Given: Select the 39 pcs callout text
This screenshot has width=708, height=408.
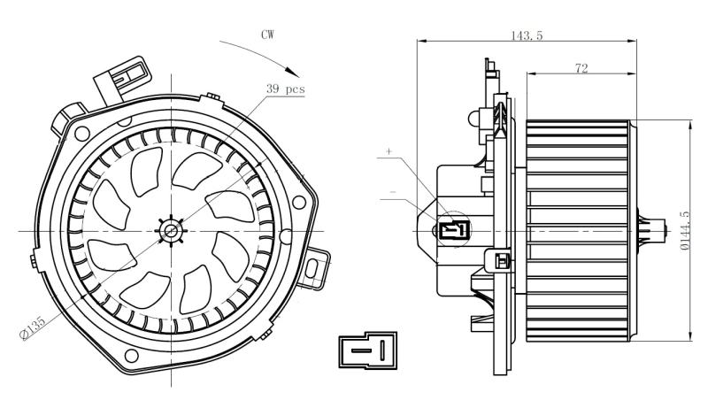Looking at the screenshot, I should pyautogui.click(x=286, y=90).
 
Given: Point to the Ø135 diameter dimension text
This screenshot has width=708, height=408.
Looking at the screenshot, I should pyautogui.click(x=35, y=327).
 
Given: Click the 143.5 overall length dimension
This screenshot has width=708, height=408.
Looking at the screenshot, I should pyautogui.click(x=526, y=35).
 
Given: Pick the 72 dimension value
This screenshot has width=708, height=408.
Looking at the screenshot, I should pyautogui.click(x=581, y=68).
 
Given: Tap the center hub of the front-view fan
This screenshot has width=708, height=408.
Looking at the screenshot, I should pyautogui.click(x=171, y=231).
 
